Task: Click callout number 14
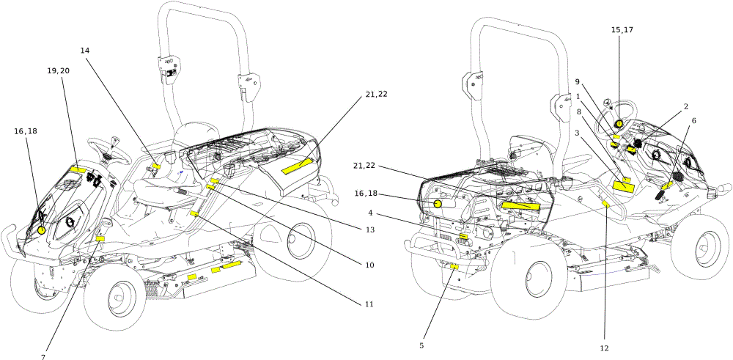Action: pyautogui.click(x=84, y=50)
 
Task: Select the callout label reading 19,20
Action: pyautogui.click(x=59, y=70)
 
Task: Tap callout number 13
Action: pyautogui.click(x=371, y=230)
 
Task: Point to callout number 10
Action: pyautogui.click(x=369, y=265)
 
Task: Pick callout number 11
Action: pyautogui.click(x=369, y=304)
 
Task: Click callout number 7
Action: pyautogui.click(x=43, y=357)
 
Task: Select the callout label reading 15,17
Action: pyautogui.click(x=622, y=29)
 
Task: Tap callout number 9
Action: pyautogui.click(x=578, y=82)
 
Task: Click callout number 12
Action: pyautogui.click(x=605, y=348)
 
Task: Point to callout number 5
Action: pyautogui.click(x=421, y=345)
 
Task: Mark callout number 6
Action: pyautogui.click(x=693, y=121)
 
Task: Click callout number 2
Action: pyautogui.click(x=686, y=106)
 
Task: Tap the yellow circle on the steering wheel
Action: pyautogui.click(x=619, y=124)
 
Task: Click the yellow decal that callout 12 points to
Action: pyautogui.click(x=606, y=204)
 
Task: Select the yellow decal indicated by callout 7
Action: pyautogui.click(x=100, y=238)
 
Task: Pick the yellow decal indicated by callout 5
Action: pyautogui.click(x=454, y=266)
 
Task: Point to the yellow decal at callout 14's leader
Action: pyautogui.click(x=157, y=166)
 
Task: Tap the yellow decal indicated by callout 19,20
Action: pyautogui.click(x=78, y=169)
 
